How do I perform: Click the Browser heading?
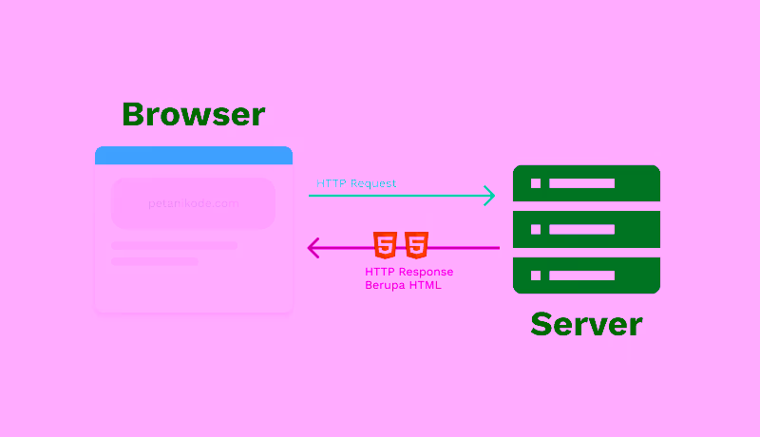pos(193,114)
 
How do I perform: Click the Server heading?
pos(586,323)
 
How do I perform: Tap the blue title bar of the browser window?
pos(193,155)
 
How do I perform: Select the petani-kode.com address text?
pos(193,203)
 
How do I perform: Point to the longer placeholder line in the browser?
pos(174,245)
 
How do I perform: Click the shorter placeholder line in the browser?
pos(154,261)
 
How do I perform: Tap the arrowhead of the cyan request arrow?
pos(489,196)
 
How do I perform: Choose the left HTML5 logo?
pos(385,245)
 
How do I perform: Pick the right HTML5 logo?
pos(415,245)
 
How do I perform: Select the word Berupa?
pos(386,285)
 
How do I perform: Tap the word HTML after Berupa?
pos(425,285)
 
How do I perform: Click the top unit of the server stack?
pos(586,183)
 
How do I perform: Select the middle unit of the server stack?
pos(586,229)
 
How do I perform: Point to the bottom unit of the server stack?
pos(586,275)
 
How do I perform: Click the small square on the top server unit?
pos(536,183)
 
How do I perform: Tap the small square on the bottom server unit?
pos(536,275)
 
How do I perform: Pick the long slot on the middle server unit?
pos(581,229)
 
